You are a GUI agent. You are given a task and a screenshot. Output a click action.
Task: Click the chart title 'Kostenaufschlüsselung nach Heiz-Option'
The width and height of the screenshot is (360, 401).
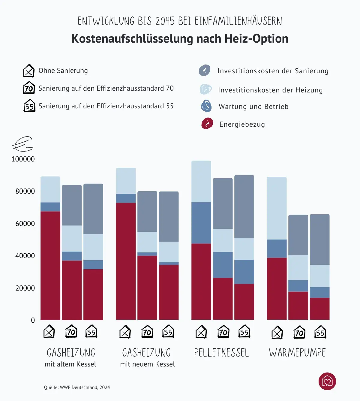coord(180,39)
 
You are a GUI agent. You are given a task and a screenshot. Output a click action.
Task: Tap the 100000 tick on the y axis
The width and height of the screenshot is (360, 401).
coord(23,159)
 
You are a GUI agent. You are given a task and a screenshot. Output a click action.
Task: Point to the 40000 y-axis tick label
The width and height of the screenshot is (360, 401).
coord(25,256)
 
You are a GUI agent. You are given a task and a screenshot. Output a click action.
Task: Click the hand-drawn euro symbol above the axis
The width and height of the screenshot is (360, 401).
coord(23,144)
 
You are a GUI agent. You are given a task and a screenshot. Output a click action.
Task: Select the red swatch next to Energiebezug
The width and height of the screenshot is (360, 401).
coord(207,123)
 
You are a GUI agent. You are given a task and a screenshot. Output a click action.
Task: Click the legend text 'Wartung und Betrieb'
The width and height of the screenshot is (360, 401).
coord(253,107)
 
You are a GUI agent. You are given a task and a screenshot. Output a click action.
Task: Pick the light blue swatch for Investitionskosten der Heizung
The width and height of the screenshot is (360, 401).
coord(205,89)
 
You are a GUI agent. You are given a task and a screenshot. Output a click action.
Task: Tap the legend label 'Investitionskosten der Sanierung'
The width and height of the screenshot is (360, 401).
coord(273,71)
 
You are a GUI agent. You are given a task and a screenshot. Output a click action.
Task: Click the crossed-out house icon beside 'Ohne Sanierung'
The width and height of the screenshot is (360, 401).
coord(29,71)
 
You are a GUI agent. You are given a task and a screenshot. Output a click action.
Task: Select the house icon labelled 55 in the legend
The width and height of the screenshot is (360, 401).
coord(29,106)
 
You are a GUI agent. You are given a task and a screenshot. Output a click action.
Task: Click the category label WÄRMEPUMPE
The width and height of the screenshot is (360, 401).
coord(297,352)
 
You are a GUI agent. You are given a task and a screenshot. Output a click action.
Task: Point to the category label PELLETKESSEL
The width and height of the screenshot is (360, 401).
coord(221,352)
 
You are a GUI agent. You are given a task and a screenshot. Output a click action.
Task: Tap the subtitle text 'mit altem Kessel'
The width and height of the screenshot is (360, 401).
coord(70,364)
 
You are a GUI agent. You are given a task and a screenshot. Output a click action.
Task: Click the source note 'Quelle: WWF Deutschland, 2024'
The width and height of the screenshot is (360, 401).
coord(77,387)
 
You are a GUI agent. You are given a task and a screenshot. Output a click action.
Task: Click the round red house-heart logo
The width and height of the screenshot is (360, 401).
coord(327,381)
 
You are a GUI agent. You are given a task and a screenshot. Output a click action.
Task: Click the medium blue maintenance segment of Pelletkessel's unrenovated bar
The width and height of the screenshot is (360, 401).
coord(201,223)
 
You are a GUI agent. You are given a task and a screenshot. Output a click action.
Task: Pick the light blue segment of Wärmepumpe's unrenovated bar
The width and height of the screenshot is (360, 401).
coord(277,208)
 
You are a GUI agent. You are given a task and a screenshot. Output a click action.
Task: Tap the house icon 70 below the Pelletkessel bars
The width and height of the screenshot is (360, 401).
coord(223,332)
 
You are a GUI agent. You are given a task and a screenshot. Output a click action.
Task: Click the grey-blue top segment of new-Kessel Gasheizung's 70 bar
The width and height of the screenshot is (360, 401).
coord(147,211)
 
